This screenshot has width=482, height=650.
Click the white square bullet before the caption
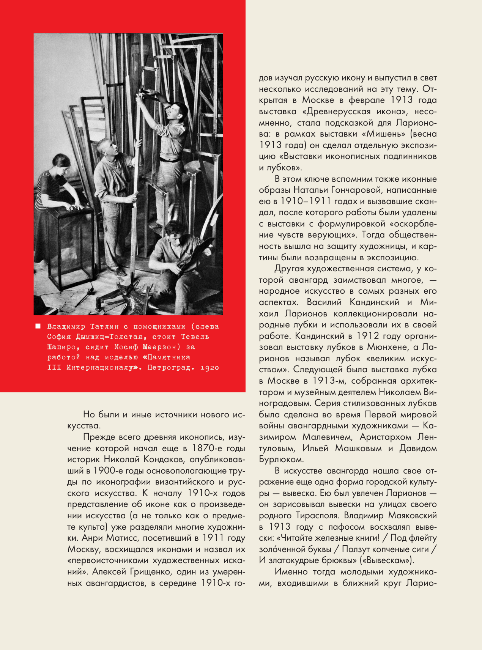point(38,326)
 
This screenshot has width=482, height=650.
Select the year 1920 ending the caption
point(209,367)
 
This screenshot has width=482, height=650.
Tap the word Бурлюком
point(281,460)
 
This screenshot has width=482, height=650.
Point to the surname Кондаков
point(164,460)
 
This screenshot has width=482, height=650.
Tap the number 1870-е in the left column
point(209,448)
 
